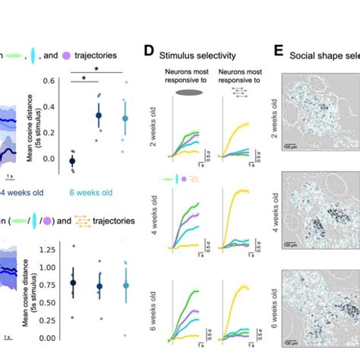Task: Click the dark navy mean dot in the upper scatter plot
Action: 72,161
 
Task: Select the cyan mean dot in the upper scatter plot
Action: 126,118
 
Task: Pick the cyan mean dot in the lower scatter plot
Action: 126,286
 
